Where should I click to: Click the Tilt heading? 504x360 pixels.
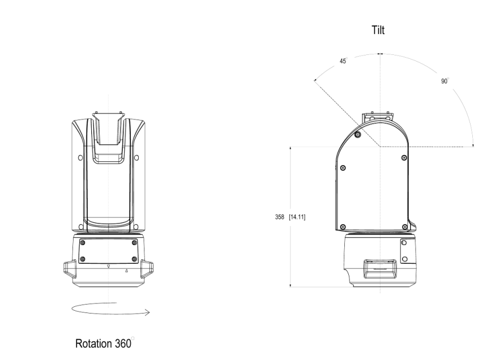coord(378,30)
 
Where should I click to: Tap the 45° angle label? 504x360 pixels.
coord(343,61)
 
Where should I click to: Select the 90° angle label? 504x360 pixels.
coord(445,81)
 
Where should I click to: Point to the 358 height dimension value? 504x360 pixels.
coord(280,217)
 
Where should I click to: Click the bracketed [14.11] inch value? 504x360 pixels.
coord(297,217)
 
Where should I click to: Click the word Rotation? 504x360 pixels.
coord(94,343)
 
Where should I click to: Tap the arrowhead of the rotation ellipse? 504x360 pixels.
coord(148,312)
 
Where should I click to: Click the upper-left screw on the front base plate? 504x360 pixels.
coord(83,242)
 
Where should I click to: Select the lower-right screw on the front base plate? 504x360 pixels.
coord(134,259)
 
